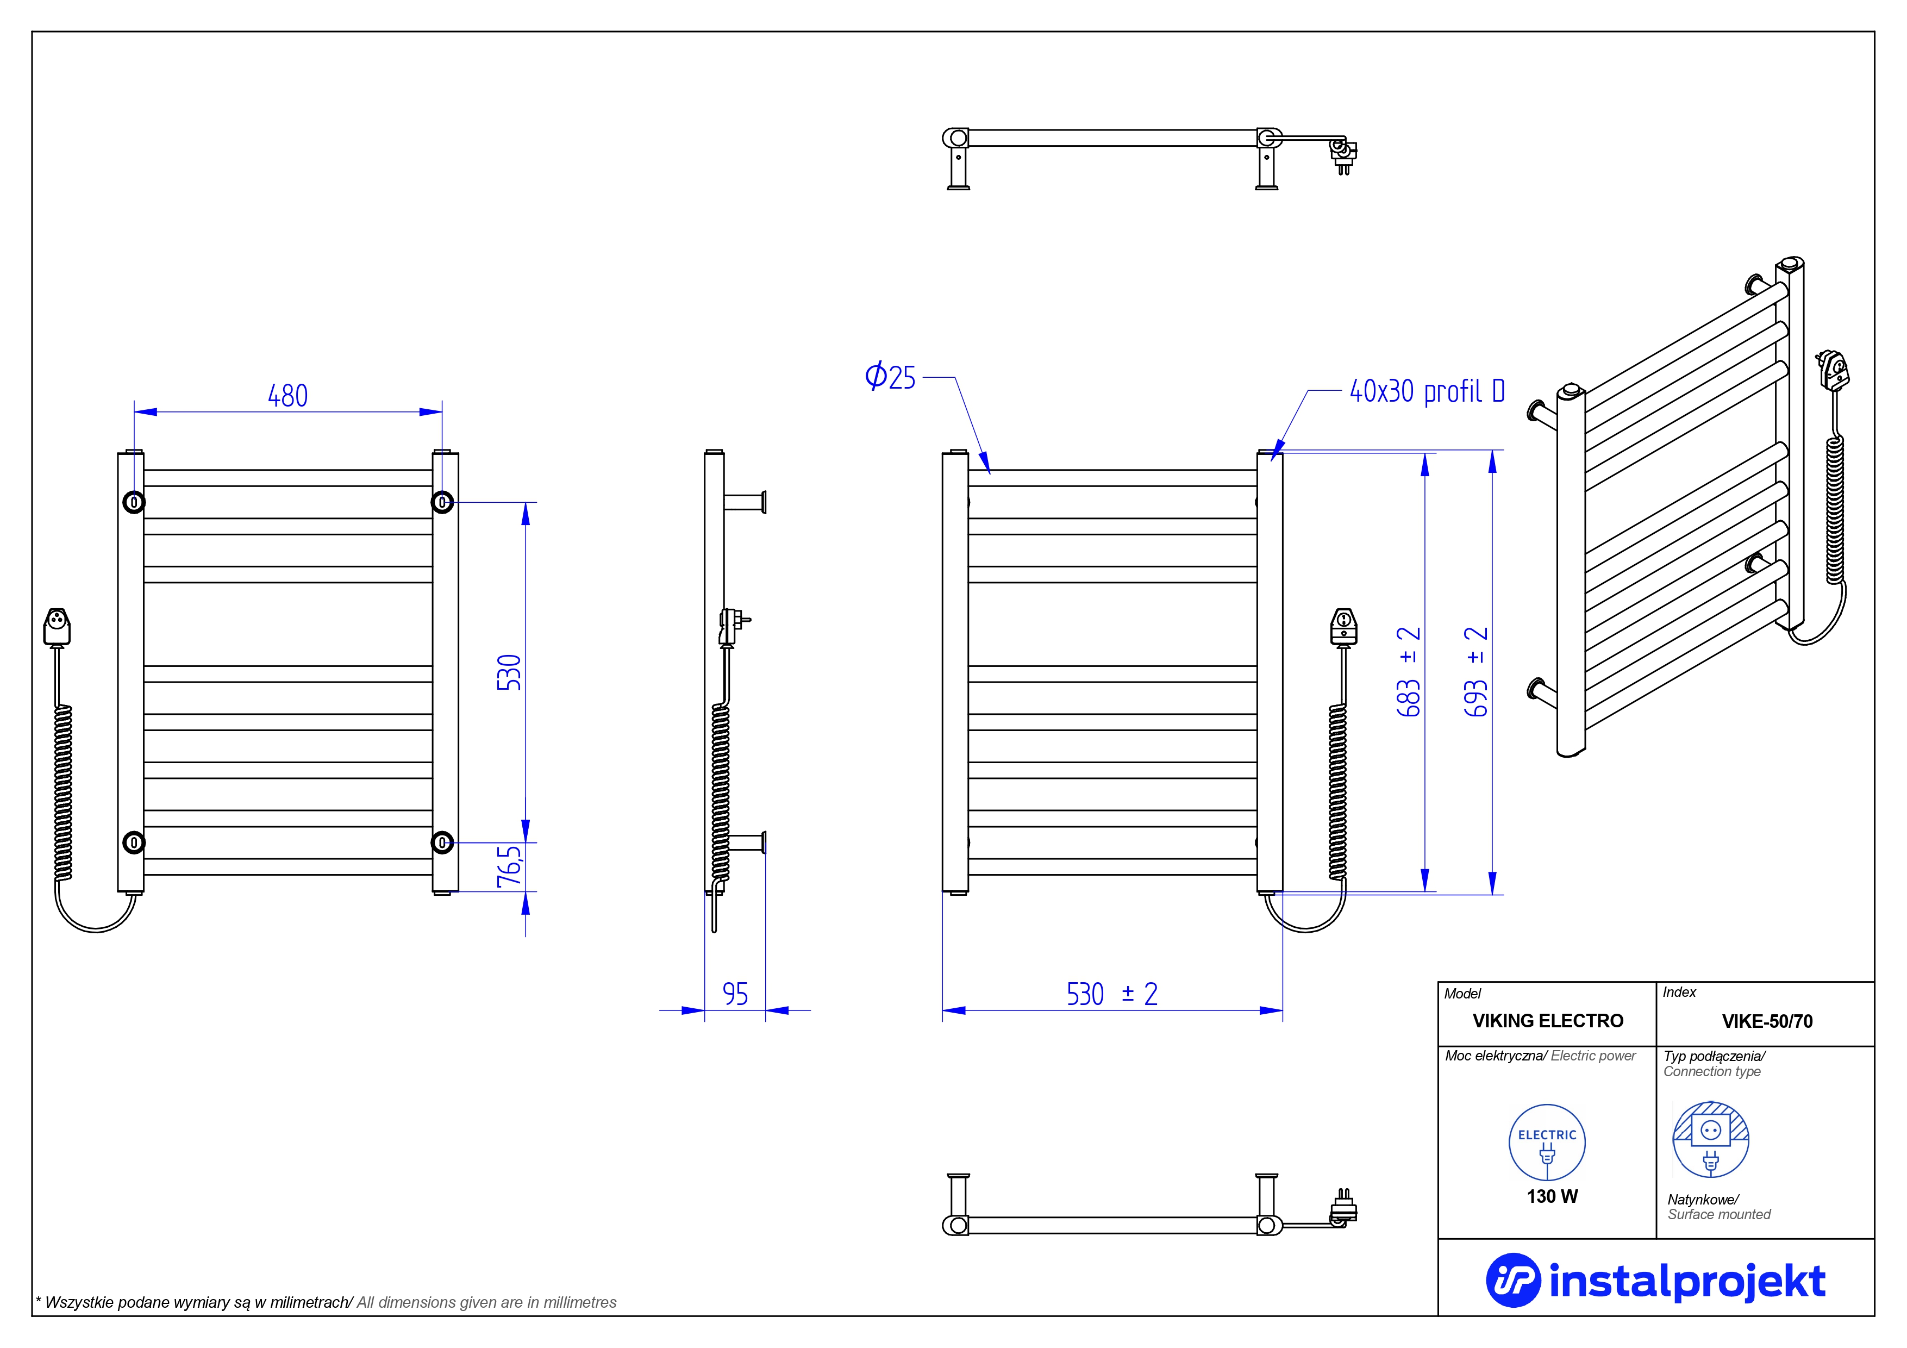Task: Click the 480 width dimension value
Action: [287, 396]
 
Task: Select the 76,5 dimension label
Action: [509, 866]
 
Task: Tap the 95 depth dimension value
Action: [735, 994]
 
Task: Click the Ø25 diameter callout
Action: [890, 377]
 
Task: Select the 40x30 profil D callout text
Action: [1427, 391]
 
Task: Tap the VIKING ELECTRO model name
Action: [1547, 1021]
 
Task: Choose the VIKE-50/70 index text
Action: [1767, 1021]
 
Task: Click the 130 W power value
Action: [1552, 1197]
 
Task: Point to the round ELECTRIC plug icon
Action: [1547, 1143]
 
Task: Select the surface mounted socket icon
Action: [1710, 1139]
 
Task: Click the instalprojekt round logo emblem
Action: [1512, 1280]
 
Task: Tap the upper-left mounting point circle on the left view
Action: [134, 502]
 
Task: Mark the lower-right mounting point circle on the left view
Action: [442, 843]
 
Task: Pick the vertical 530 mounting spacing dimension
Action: [509, 673]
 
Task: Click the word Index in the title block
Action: [1679, 993]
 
